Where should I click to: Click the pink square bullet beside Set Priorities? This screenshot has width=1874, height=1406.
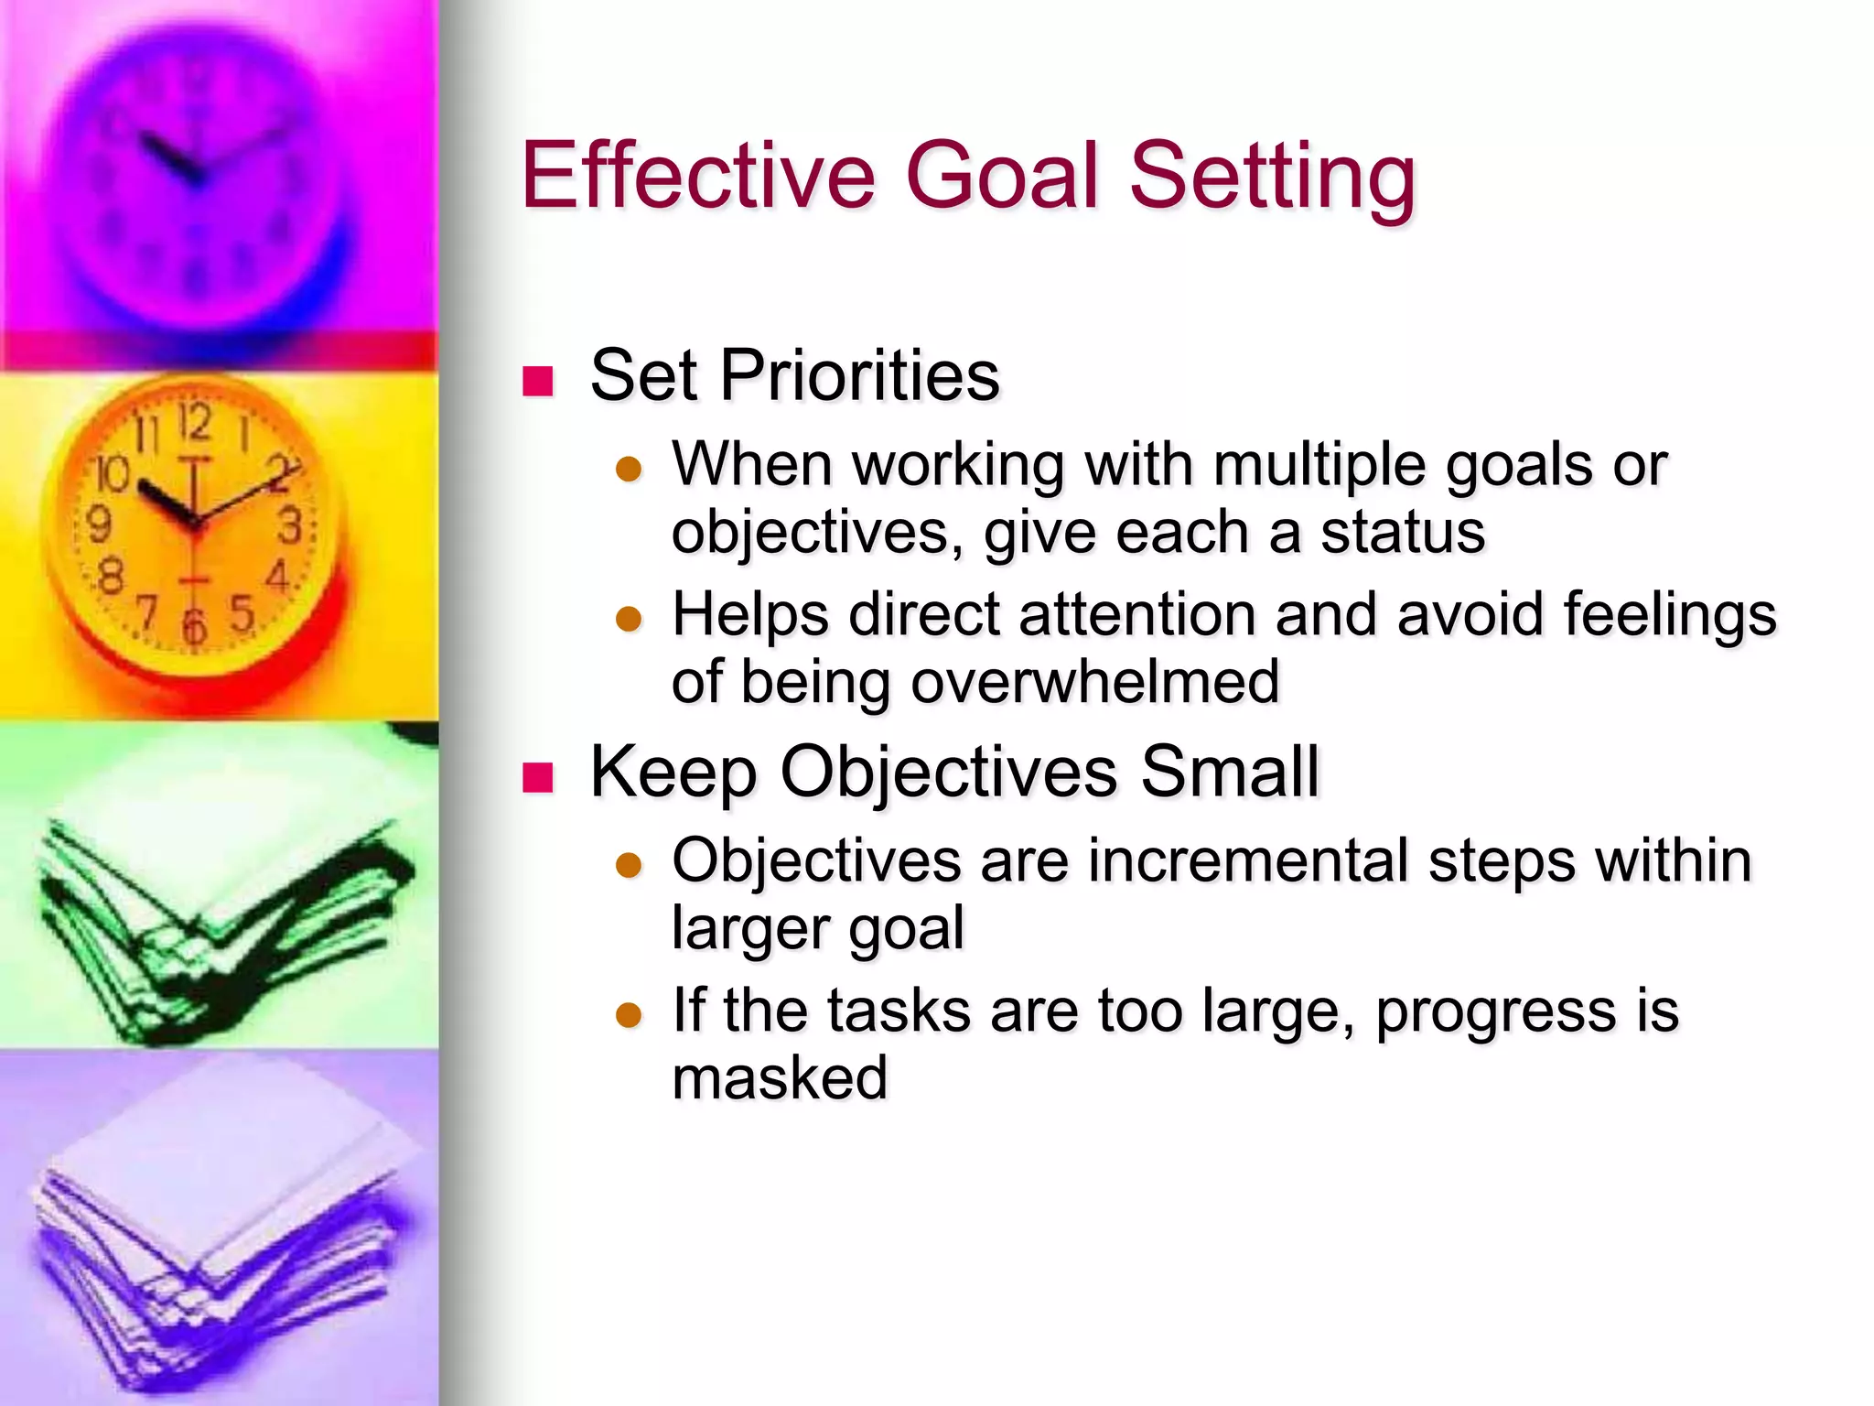click(x=538, y=381)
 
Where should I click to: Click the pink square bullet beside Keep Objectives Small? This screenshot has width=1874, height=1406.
click(x=538, y=777)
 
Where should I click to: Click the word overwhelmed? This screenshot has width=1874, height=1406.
click(x=1094, y=682)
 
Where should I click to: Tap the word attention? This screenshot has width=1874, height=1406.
click(x=1138, y=613)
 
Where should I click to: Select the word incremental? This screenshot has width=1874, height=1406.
click(x=1248, y=861)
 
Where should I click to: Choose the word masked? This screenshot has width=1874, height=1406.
click(x=780, y=1077)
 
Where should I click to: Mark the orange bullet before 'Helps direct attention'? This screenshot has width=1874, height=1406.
click(x=629, y=619)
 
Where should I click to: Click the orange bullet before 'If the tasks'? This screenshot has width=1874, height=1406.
click(x=629, y=1015)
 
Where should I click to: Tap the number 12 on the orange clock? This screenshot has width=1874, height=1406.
click(x=194, y=422)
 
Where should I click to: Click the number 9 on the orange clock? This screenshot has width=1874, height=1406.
click(x=98, y=525)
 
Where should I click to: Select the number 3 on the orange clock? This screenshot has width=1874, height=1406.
click(x=291, y=526)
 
